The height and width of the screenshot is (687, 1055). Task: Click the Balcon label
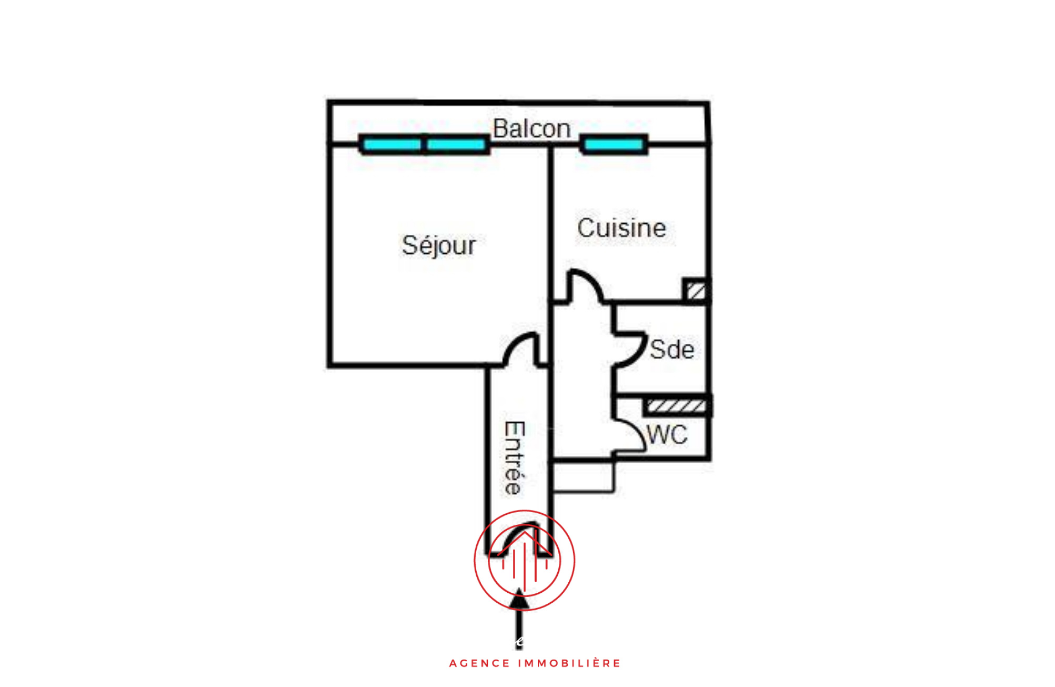531,128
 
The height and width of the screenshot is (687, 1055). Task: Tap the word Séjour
439,245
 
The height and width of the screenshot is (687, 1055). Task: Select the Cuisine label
621,228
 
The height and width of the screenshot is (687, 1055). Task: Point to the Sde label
672,350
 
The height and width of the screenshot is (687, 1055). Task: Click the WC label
667,435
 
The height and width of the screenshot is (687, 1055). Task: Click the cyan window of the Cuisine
614,144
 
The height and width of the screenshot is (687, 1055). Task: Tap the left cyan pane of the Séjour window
392,144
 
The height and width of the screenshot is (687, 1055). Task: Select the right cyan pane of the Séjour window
456,144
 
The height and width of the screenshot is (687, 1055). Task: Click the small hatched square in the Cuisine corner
696,291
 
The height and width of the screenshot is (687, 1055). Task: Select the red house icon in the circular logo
525,558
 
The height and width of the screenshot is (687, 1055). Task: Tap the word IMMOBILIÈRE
570,663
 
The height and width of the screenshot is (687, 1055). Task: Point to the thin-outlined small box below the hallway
583,477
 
